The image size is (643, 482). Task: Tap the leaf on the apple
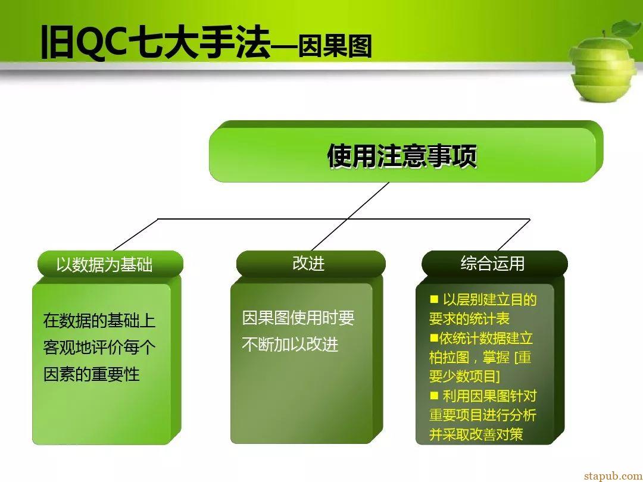pyautogui.click(x=626, y=29)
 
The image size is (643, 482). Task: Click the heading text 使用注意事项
pyautogui.click(x=402, y=156)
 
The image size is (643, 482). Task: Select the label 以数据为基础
pyautogui.click(x=104, y=264)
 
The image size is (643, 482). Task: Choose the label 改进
pyautogui.click(x=308, y=263)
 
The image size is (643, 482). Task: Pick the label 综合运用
pyautogui.click(x=492, y=263)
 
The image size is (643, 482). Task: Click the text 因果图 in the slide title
pyautogui.click(x=335, y=46)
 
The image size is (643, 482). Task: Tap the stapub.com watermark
pyautogui.click(x=613, y=475)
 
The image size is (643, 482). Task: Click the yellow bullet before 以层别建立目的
pyautogui.click(x=434, y=299)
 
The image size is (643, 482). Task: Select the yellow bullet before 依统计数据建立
pyautogui.click(x=434, y=338)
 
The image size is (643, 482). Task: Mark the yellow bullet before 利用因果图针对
pyautogui.click(x=434, y=395)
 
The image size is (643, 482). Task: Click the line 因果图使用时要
pyautogui.click(x=298, y=318)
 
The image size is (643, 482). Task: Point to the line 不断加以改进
pyautogui.click(x=290, y=345)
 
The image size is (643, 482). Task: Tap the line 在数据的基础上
pyautogui.click(x=99, y=321)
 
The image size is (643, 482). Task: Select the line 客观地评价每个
pyautogui.click(x=99, y=348)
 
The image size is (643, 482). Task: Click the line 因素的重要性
pyautogui.click(x=92, y=374)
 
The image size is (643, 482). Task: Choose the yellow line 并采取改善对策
pyautogui.click(x=476, y=434)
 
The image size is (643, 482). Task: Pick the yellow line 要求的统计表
pyautogui.click(x=469, y=318)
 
